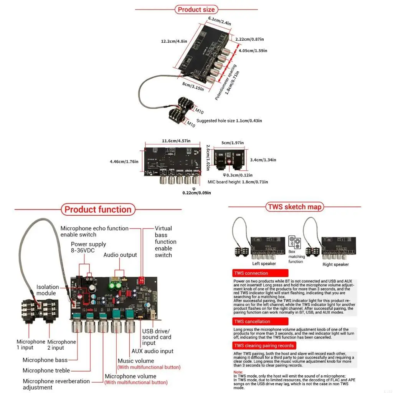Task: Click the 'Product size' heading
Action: [196, 10]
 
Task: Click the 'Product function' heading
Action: [98, 210]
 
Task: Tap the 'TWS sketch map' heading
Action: [294, 207]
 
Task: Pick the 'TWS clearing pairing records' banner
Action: [264, 346]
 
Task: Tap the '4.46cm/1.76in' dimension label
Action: [124, 162]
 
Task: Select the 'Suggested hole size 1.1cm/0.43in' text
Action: [229, 121]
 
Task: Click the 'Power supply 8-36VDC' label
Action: [88, 248]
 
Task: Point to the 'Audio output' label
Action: [120, 255]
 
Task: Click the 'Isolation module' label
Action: [48, 290]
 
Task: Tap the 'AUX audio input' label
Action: [152, 351]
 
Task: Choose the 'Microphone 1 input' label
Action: [31, 345]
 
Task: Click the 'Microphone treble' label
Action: [46, 370]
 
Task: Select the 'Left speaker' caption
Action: [264, 264]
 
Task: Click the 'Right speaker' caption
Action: [335, 264]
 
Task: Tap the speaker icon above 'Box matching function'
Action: [294, 242]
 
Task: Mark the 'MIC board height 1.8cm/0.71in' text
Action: [238, 182]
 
